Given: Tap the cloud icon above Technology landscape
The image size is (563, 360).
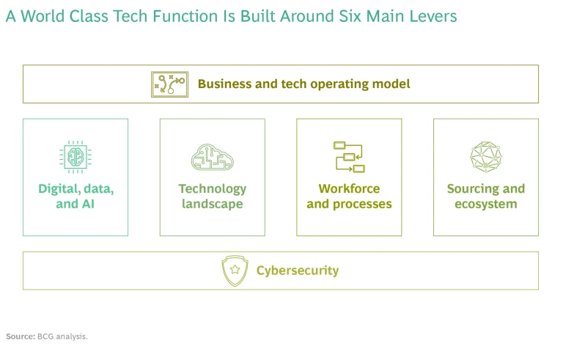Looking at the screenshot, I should [213, 157].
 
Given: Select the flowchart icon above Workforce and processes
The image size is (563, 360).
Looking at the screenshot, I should [349, 157].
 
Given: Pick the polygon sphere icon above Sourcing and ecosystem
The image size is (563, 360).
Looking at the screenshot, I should [486, 157].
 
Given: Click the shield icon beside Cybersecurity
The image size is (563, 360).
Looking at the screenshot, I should [235, 271].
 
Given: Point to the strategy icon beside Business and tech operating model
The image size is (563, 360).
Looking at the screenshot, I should [169, 84].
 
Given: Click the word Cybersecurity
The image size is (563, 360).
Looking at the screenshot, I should [298, 271].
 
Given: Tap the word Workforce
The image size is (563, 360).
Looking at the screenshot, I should [349, 188].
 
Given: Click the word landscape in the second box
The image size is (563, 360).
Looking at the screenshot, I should [213, 204].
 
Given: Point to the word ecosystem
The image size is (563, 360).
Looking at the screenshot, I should [486, 204].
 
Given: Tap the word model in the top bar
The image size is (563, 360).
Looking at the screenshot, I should [391, 84].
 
